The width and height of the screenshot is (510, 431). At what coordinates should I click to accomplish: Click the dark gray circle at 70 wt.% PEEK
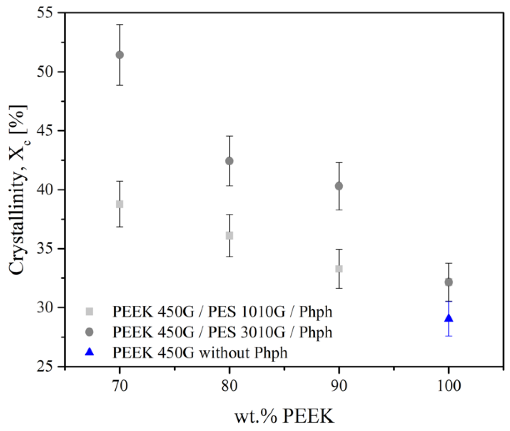click(x=120, y=55)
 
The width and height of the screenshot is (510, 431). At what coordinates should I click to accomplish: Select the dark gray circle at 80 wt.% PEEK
click(x=229, y=161)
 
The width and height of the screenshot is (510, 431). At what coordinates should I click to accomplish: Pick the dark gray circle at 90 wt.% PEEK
click(x=339, y=186)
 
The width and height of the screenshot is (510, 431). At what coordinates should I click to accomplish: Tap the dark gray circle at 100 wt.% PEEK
click(x=449, y=282)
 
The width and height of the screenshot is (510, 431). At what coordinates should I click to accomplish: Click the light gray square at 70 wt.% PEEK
click(x=120, y=204)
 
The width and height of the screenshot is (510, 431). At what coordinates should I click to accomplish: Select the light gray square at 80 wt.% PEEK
click(x=229, y=235)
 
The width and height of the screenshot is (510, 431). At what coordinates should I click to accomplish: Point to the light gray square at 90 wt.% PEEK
click(x=339, y=269)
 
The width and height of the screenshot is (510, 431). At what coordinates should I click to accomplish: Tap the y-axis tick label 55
click(x=46, y=14)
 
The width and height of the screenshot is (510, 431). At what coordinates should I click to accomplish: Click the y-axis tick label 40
click(x=46, y=190)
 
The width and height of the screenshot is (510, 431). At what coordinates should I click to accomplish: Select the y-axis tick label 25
click(x=46, y=366)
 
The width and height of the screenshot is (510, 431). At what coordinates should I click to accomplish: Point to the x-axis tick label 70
click(x=120, y=386)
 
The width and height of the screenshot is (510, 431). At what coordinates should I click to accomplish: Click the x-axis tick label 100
click(x=449, y=386)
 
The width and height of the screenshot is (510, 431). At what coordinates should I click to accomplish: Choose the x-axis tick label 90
click(x=339, y=386)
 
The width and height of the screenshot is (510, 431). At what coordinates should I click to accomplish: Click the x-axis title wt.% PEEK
click(x=284, y=416)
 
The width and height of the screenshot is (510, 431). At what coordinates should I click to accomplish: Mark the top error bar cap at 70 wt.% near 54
click(x=120, y=24)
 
